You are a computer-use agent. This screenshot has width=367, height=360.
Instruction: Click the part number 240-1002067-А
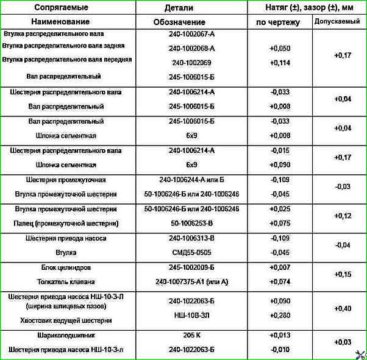click(x=191, y=34)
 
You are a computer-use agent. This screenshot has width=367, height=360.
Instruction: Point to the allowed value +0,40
click(x=343, y=308)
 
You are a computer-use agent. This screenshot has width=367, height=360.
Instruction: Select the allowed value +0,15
click(x=343, y=275)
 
